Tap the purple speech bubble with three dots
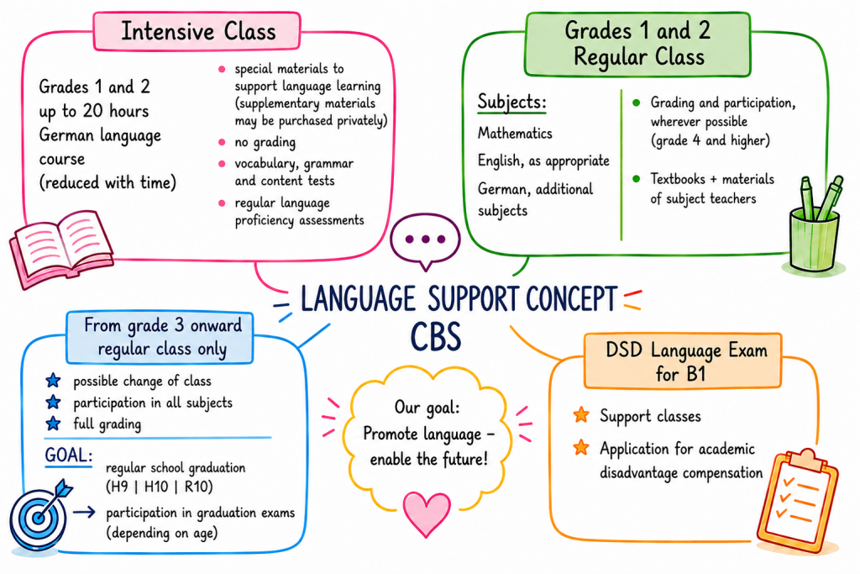tap(425, 240)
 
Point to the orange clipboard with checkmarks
tap(799, 498)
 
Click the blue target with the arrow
tap(39, 514)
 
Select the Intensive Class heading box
tap(197, 31)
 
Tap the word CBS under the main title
tap(436, 336)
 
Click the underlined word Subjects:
tap(511, 102)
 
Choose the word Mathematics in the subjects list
tap(515, 134)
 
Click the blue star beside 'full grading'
tap(53, 424)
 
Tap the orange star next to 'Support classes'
tap(581, 415)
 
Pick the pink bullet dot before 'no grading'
tap(222, 142)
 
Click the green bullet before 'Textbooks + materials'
tap(637, 179)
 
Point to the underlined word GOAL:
tap(69, 456)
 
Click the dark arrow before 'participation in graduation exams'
tap(84, 513)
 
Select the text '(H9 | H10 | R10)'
tap(159, 487)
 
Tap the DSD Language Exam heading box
tap(683, 361)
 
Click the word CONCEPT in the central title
tap(571, 299)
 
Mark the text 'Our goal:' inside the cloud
tap(427, 407)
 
